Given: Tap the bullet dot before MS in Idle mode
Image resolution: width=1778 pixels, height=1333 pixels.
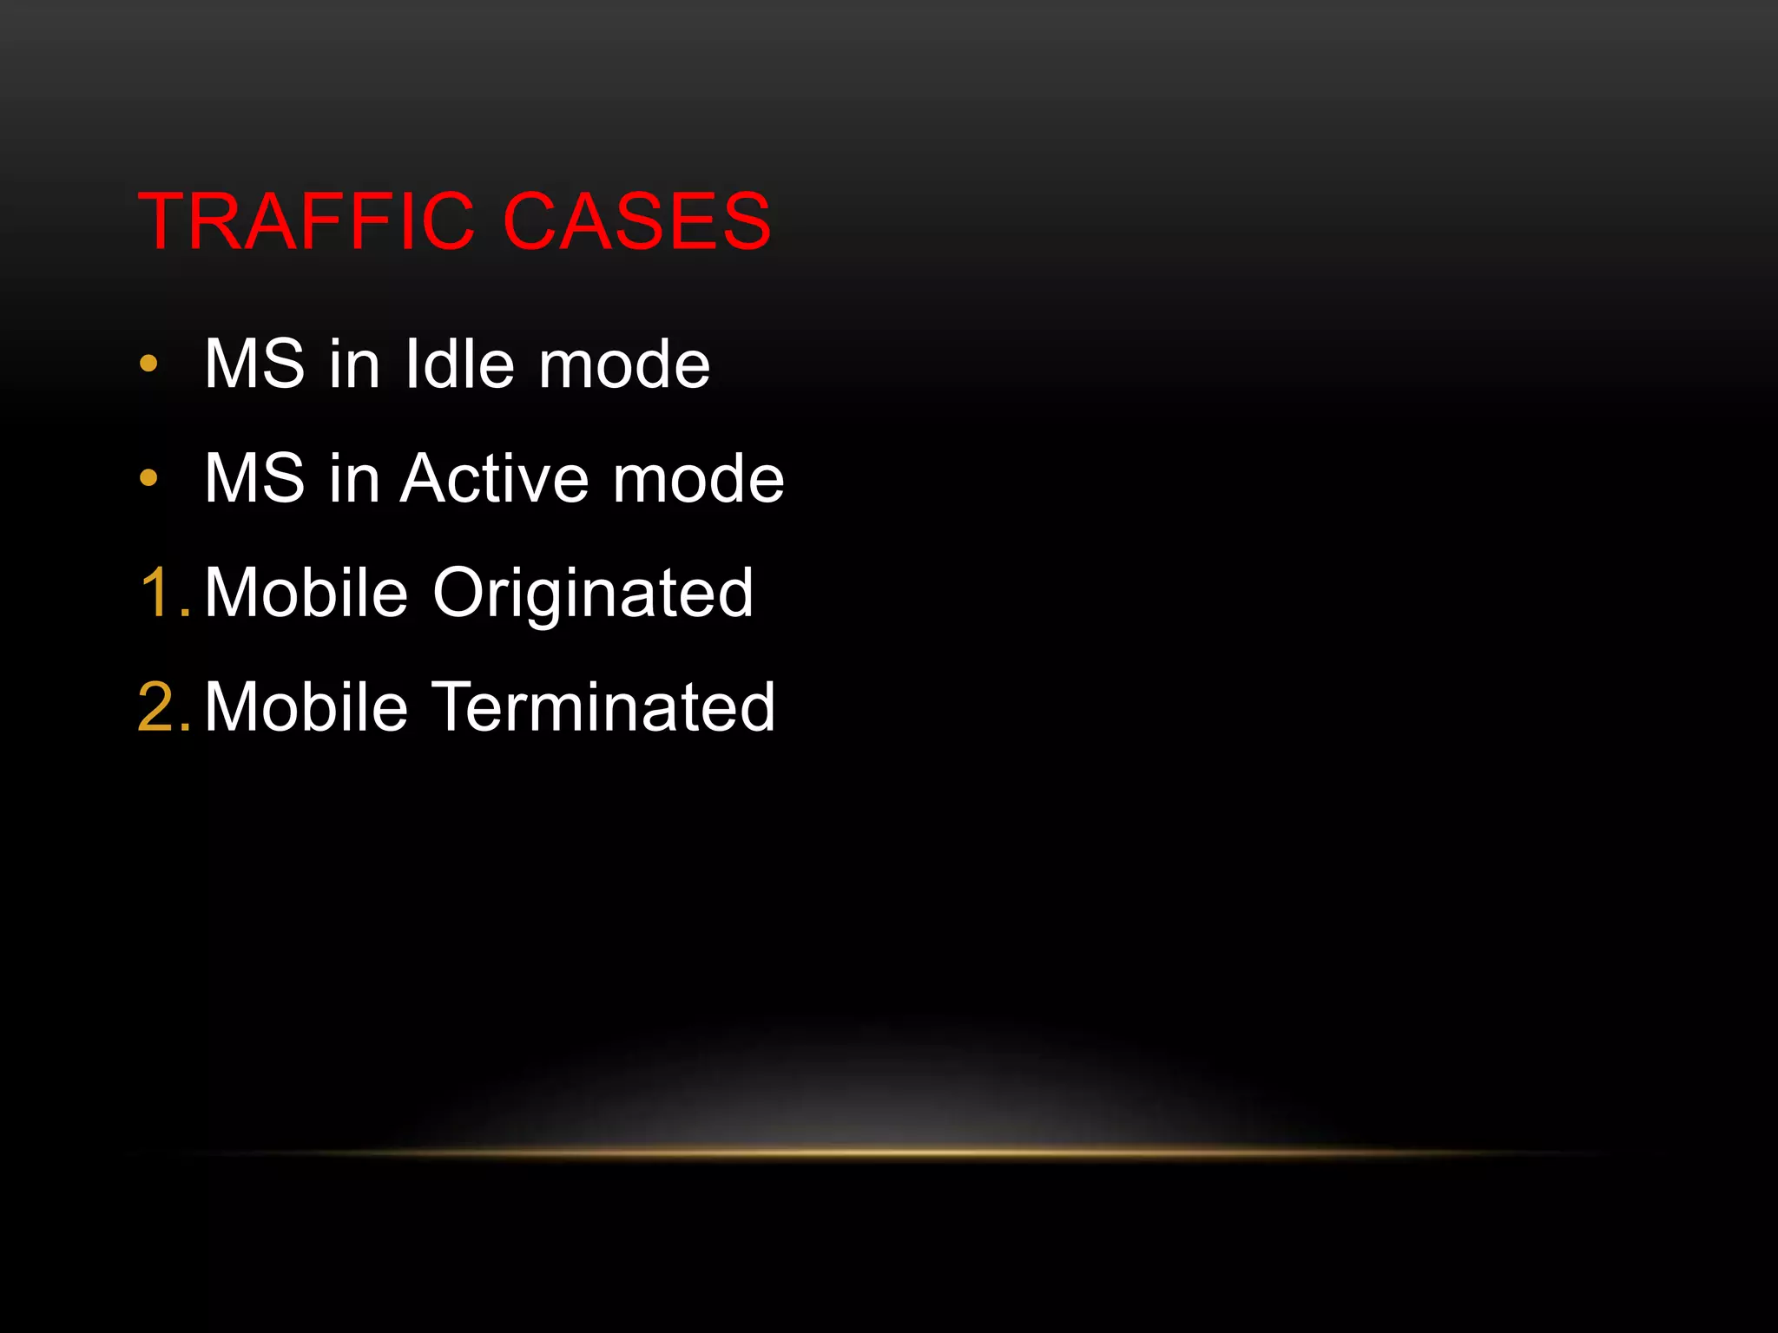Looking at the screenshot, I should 148,364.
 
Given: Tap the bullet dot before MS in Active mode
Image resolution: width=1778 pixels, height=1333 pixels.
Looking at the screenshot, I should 148,477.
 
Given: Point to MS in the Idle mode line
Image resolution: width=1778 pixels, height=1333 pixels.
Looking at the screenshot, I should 254,364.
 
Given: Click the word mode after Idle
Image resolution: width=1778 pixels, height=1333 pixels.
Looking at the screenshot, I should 624,365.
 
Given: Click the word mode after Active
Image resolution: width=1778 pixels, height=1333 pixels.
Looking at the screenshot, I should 698,479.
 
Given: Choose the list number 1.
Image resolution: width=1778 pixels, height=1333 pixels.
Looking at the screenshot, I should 162,593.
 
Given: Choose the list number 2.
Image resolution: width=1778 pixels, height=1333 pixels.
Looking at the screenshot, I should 162,707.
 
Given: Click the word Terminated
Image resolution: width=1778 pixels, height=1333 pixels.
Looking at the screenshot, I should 603,707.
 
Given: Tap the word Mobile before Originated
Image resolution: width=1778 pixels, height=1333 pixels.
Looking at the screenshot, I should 306,593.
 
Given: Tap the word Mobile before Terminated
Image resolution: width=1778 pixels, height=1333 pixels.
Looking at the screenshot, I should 306,707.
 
